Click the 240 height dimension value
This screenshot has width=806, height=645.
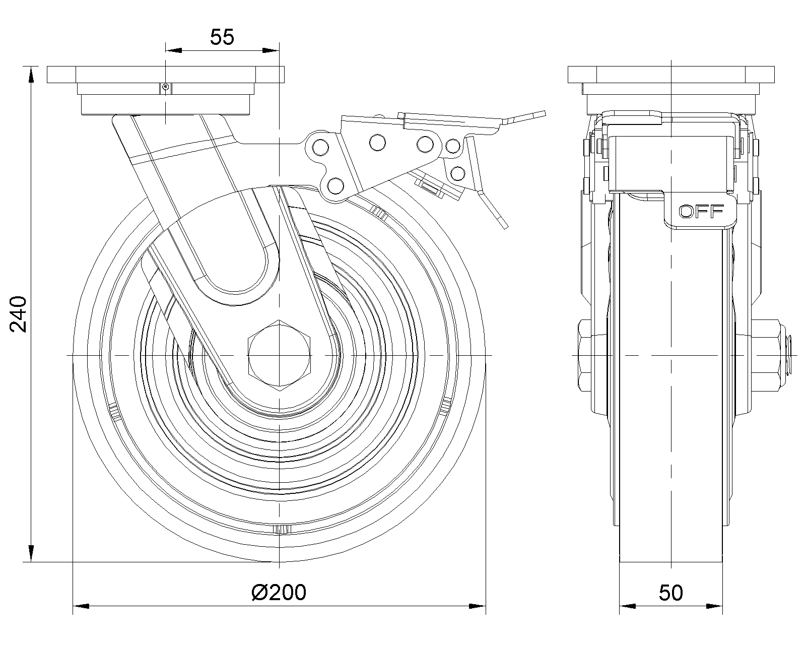click(x=19, y=313)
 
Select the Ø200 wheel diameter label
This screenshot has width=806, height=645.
click(x=279, y=593)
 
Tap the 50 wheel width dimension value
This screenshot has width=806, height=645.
click(x=670, y=593)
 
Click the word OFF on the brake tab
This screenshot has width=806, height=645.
click(x=701, y=212)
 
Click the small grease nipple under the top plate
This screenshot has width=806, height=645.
click(x=165, y=88)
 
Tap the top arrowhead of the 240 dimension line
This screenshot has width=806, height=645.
click(x=31, y=74)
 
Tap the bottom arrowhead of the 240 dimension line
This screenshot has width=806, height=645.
click(x=31, y=553)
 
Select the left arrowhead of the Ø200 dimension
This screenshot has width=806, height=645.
click(x=82, y=605)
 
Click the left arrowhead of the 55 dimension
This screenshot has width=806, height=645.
click(x=173, y=50)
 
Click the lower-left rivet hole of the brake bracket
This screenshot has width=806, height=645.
click(x=334, y=184)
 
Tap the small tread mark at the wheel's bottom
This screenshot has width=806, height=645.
click(x=282, y=529)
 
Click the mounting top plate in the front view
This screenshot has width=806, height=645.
click(x=166, y=75)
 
